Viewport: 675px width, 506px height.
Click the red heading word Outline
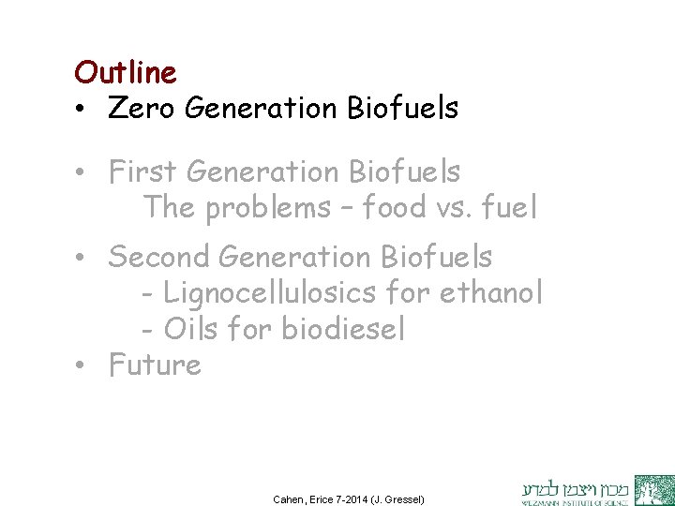click(x=125, y=72)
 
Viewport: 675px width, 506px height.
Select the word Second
click(x=160, y=255)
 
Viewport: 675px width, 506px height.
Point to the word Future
click(x=155, y=364)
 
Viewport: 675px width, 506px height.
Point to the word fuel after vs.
click(x=507, y=208)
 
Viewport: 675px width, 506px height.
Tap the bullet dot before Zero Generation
click(x=82, y=111)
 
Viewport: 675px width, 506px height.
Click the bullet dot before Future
click(x=82, y=365)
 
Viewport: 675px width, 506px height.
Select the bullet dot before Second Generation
click(x=82, y=257)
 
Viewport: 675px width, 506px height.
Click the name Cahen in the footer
click(x=289, y=499)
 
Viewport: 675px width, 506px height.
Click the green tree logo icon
click(x=653, y=490)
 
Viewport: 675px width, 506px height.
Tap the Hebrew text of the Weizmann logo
click(x=575, y=484)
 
